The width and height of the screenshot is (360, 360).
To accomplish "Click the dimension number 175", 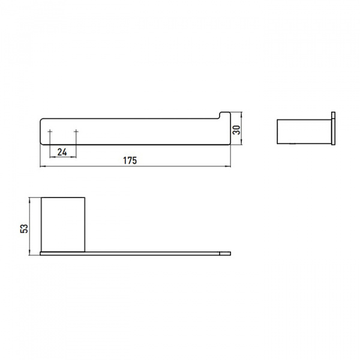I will point(131,160).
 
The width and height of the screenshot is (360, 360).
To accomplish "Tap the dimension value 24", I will point(62,151).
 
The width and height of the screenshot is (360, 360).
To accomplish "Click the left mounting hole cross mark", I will point(50,131).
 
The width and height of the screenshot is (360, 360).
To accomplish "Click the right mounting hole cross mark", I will point(76,131).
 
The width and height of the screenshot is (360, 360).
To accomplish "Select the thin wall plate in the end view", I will point(332,128).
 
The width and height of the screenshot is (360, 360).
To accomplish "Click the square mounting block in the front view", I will point(65,223).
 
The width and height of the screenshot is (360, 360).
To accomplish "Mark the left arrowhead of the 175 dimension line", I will point(42,166).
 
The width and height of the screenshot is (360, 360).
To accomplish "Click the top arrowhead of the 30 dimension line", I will point(242,114).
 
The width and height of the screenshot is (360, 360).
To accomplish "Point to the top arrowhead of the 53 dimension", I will point(32,199).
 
